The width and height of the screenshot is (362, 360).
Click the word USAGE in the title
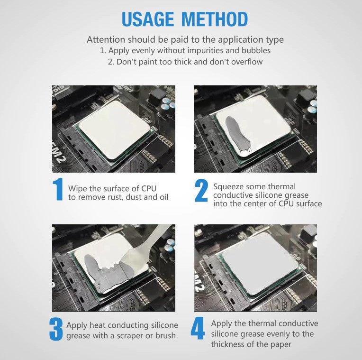coord(147,19)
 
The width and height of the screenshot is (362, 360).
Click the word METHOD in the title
coord(215,19)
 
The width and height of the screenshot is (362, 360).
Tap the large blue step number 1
coord(57,189)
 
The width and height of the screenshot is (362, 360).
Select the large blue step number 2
coord(201,191)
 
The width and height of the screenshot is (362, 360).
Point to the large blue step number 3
coord(55,329)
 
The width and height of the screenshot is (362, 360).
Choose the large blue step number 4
coord(198,328)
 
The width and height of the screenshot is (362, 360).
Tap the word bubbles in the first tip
coord(256,50)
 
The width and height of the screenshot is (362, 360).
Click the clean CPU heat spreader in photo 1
coord(114,130)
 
